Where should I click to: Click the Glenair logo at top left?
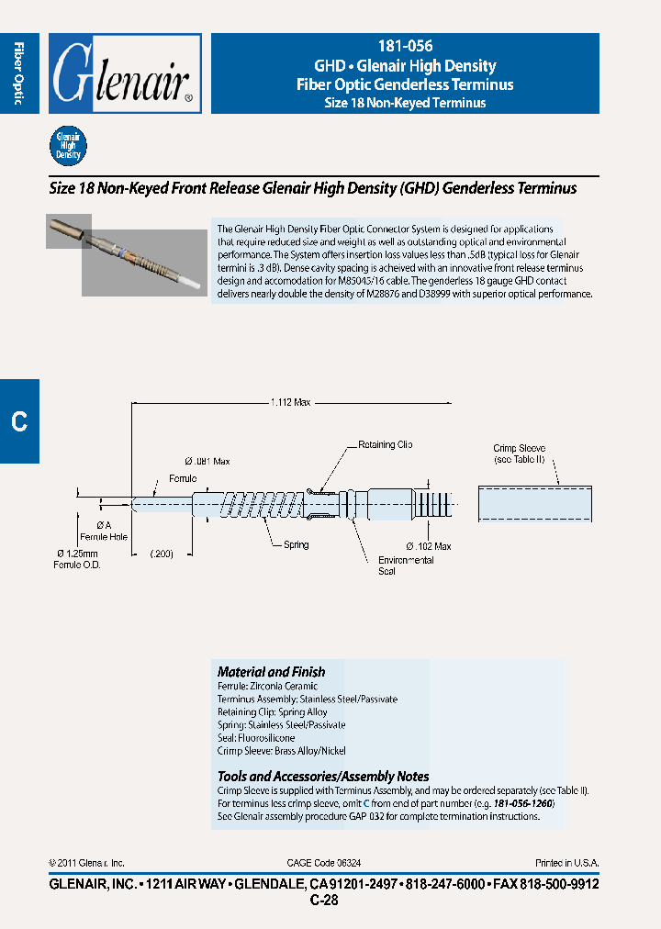[125, 73]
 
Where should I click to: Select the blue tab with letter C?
[19, 420]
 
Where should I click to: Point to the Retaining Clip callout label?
[385, 445]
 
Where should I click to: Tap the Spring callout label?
[296, 545]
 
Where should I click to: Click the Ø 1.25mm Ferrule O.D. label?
[77, 558]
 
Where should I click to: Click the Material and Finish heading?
[271, 672]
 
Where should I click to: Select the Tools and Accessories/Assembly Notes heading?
[323, 777]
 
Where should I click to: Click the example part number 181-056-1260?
[523, 803]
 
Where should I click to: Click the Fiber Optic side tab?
[19, 73]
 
